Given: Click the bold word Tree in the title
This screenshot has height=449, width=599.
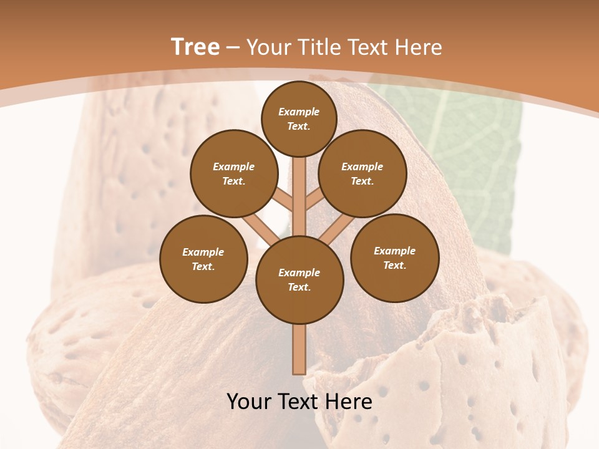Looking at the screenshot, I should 195,47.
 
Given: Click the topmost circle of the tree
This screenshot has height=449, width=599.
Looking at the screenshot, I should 299,118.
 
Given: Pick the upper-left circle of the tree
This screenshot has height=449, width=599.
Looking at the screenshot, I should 234,173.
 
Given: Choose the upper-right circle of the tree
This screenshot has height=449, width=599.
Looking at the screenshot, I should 363,173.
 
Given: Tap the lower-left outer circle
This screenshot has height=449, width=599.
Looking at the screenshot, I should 203,259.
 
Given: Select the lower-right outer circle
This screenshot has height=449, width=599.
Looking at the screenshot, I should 395,258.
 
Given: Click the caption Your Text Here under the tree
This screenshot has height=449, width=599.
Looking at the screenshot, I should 299,402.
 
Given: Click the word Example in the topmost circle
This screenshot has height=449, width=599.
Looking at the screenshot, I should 299,112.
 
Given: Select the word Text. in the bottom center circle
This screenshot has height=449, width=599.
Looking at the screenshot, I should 299,287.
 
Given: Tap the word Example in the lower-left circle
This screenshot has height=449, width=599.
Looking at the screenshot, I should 203,252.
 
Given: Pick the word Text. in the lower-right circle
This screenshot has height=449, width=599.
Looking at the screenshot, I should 395,265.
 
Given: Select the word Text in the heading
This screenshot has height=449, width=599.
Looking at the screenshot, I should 368,47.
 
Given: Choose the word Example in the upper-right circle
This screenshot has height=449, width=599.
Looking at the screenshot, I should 363,167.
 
